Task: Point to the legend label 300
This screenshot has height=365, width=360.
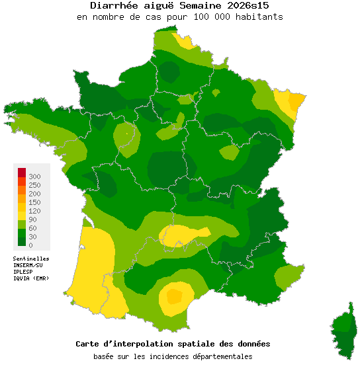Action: [35, 177]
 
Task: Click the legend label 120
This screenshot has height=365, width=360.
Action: [35, 211]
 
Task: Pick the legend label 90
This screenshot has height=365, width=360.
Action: [33, 220]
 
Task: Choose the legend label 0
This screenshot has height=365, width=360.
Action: [31, 245]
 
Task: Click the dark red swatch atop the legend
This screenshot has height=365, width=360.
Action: [21, 173]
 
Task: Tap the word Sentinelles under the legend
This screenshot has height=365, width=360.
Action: [31, 258]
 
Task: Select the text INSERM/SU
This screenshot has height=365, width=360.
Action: [28, 264]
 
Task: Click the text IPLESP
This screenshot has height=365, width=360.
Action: [24, 271]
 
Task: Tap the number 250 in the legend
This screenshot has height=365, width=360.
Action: [35, 185]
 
